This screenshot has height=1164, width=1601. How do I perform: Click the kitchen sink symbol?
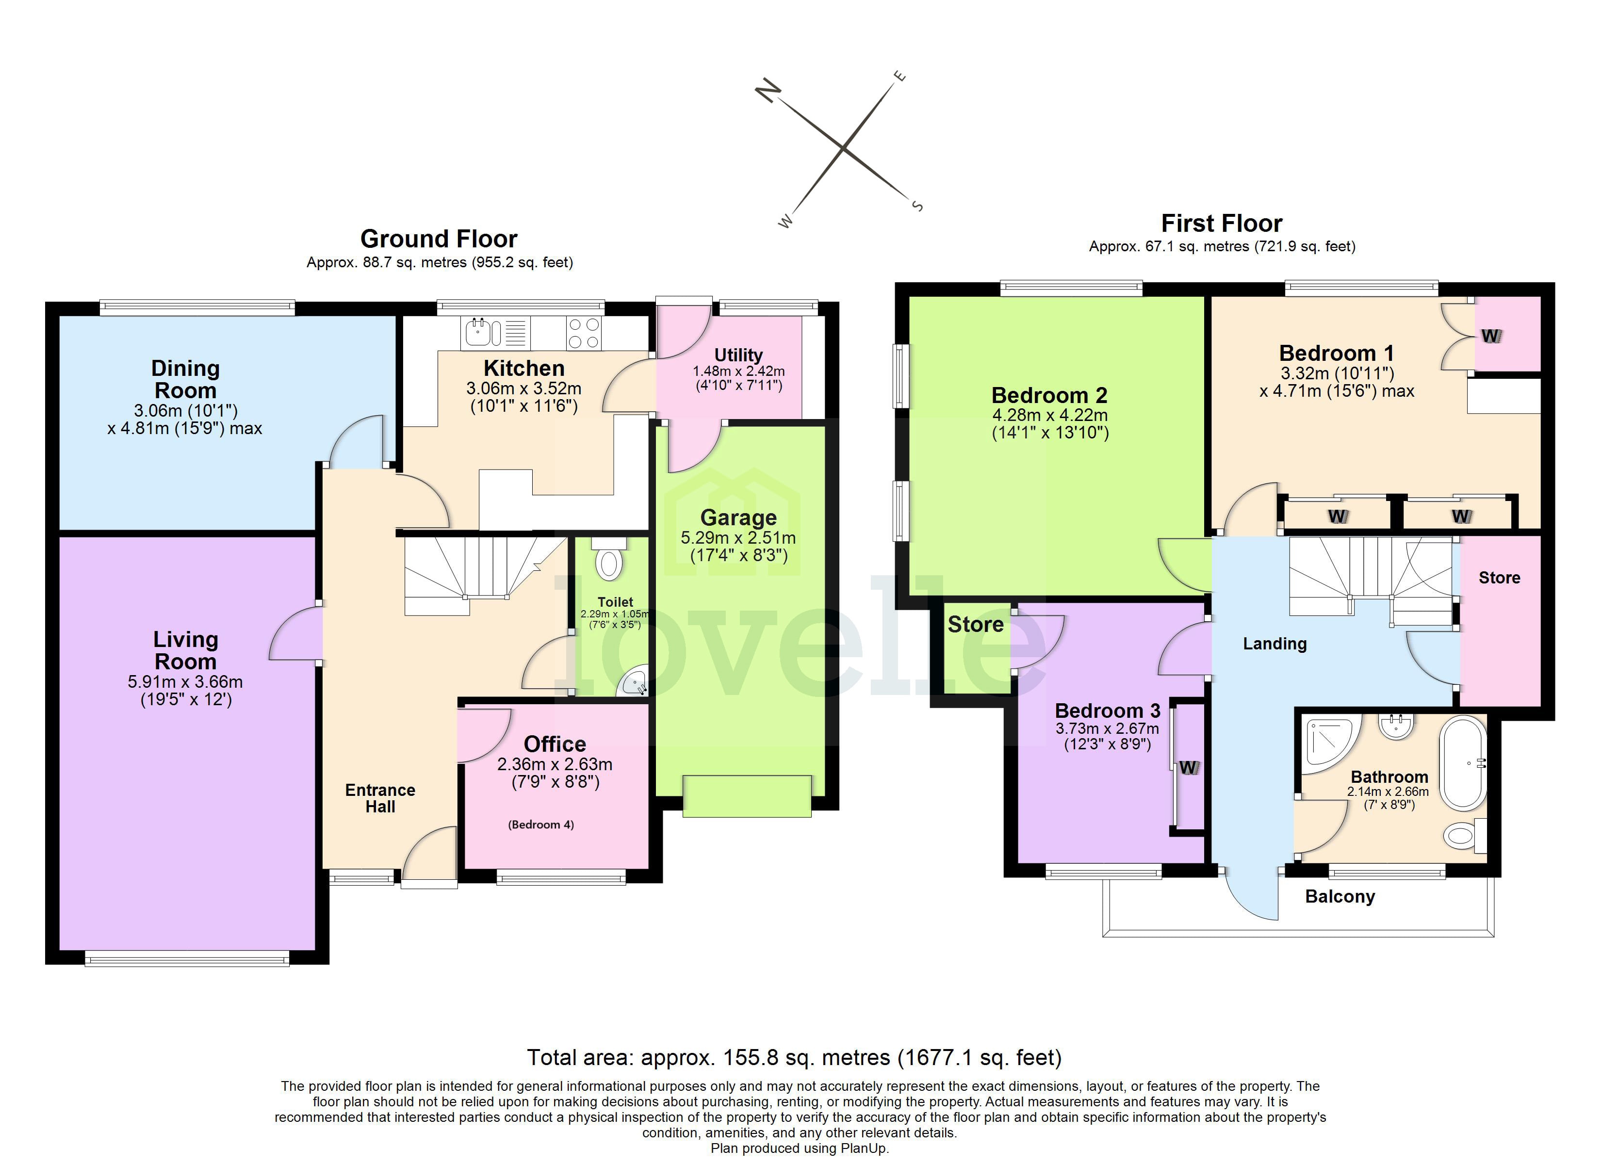tap(484, 333)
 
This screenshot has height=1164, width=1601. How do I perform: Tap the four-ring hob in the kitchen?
tap(584, 333)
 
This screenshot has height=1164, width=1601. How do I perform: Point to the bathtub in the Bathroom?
tap(1463, 764)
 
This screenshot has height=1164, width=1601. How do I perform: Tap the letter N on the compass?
tap(769, 91)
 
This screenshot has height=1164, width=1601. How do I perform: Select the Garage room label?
tap(738, 517)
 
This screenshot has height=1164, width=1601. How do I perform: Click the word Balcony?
tap(1340, 896)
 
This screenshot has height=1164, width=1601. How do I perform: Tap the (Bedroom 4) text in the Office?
tap(541, 824)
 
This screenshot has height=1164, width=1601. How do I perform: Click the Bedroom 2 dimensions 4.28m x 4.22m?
tap(1050, 415)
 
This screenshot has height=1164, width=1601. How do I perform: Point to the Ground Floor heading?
tap(439, 239)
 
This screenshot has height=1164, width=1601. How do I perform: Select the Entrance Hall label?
tap(380, 798)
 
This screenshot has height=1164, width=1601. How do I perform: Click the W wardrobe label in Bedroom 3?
tap(1189, 767)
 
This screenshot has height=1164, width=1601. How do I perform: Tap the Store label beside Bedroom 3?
tap(975, 624)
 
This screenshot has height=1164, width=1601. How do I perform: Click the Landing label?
tap(1274, 643)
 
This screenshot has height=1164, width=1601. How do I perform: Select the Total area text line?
tap(794, 1057)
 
